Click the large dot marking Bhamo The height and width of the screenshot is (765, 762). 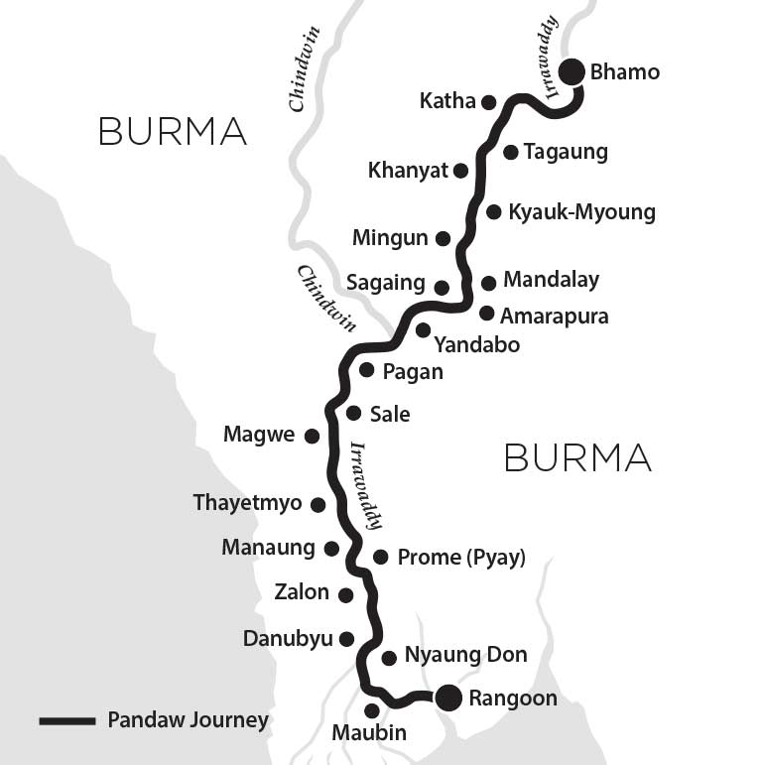click(x=571, y=71)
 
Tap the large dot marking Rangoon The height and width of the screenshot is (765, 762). click(x=448, y=699)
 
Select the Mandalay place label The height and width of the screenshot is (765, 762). click(x=551, y=280)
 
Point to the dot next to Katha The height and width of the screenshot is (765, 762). click(x=488, y=101)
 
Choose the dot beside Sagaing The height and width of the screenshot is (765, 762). click(x=443, y=288)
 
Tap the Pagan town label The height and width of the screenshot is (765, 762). click(x=413, y=372)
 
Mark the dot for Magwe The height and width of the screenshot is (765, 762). click(x=312, y=436)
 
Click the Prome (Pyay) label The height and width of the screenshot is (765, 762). click(x=460, y=558)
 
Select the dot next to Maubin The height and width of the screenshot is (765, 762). click(x=372, y=710)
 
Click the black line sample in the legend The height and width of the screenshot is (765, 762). click(x=66, y=720)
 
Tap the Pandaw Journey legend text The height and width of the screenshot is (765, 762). click(x=188, y=720)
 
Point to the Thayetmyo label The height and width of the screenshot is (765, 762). click(x=247, y=503)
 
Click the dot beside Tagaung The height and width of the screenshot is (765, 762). click(x=510, y=152)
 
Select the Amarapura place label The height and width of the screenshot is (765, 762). click(x=554, y=317)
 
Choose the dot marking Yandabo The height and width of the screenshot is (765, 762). click(x=423, y=329)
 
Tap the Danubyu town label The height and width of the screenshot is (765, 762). click(x=288, y=639)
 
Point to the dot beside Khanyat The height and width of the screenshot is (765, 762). click(x=460, y=171)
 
